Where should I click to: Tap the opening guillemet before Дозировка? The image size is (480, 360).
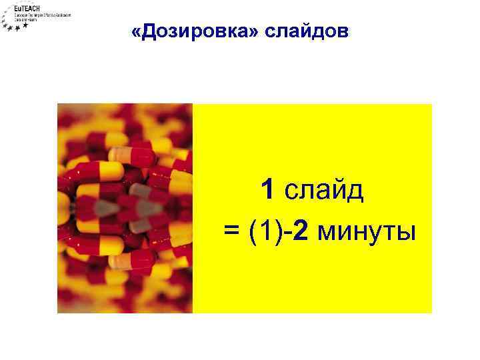point(137,32)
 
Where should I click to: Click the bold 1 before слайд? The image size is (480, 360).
point(268,191)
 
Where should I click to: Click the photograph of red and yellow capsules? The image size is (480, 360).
point(125,208)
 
